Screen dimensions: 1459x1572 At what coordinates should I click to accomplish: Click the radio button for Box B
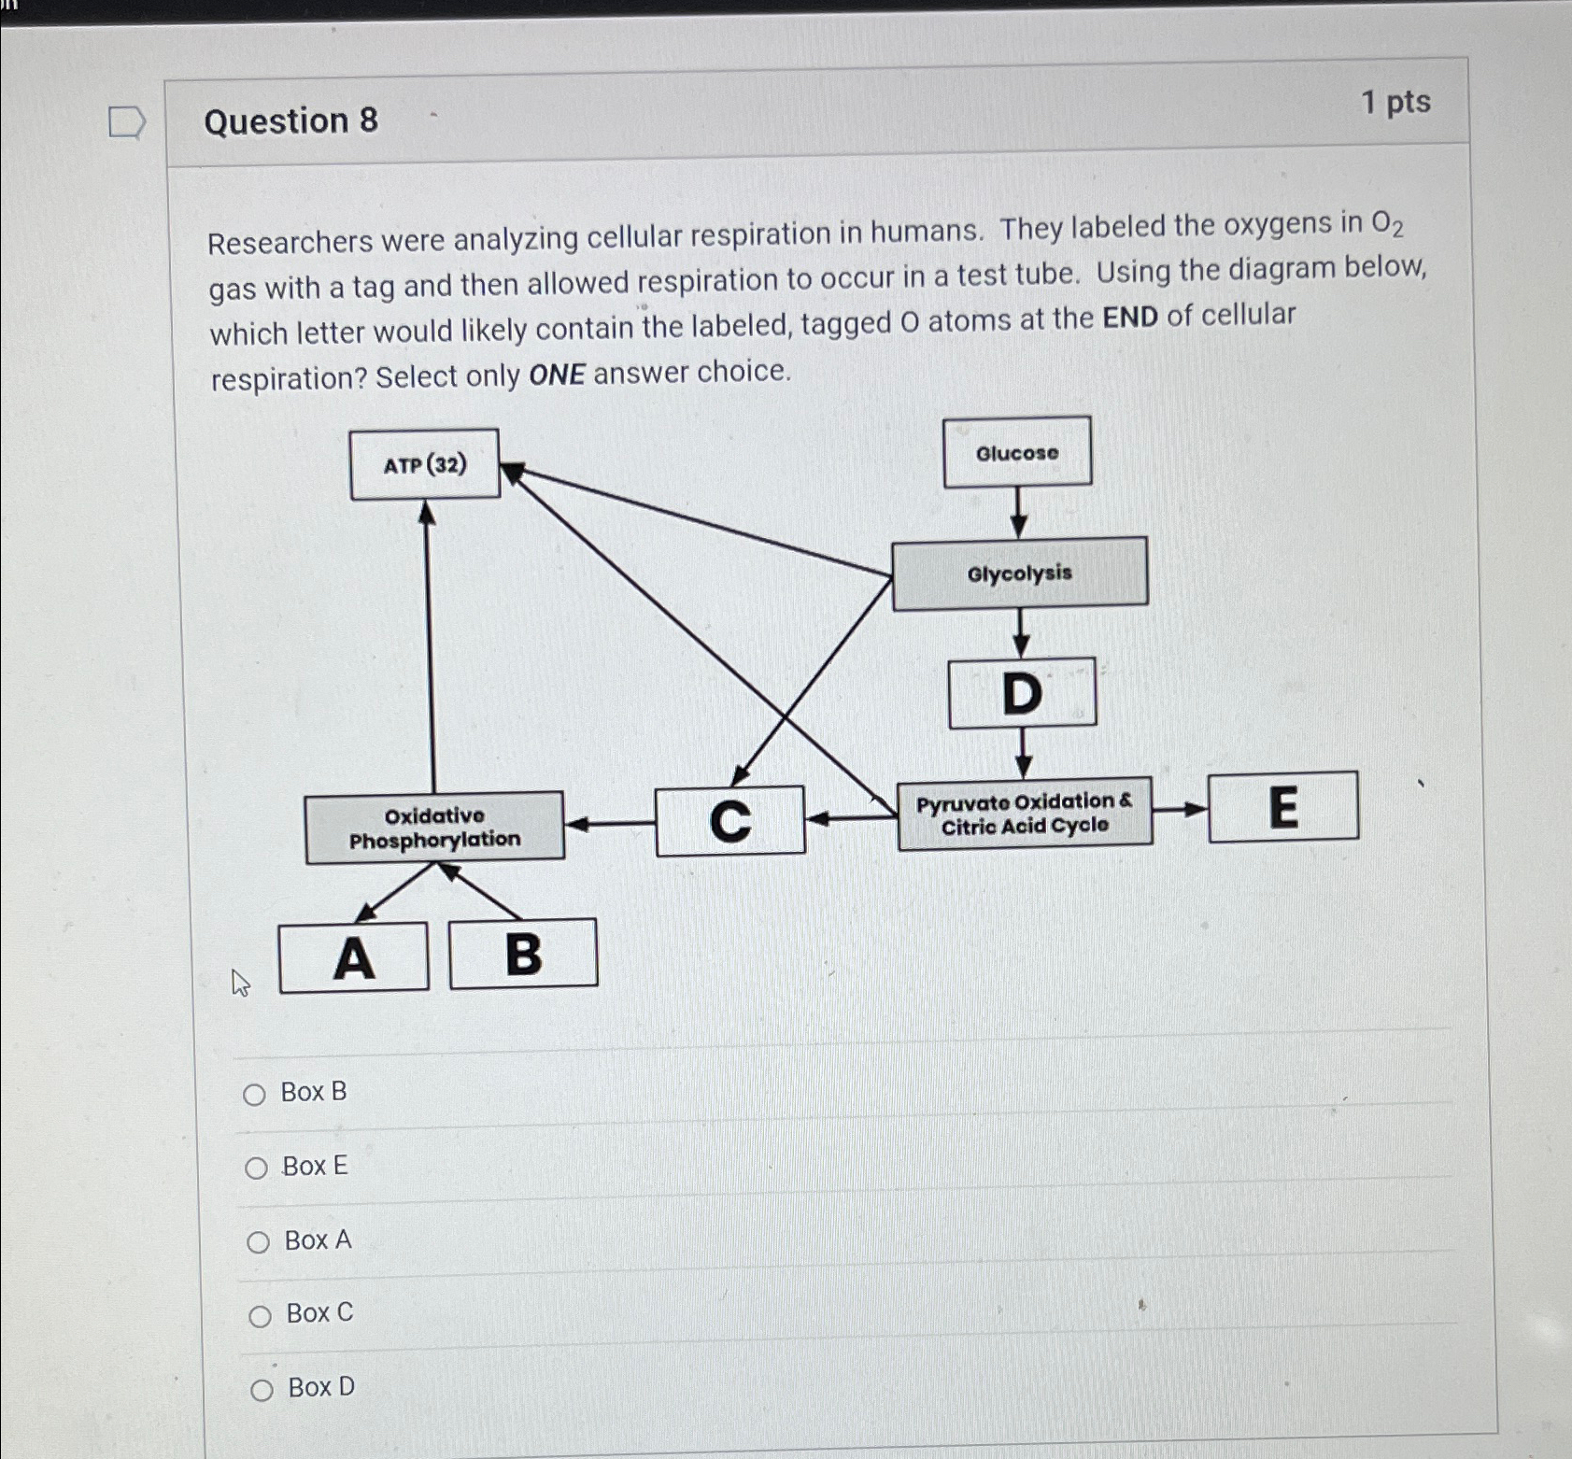pos(254,1095)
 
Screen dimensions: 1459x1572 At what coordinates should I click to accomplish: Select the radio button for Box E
pos(256,1169)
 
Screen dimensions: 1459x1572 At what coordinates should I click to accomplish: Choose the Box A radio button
pos(258,1242)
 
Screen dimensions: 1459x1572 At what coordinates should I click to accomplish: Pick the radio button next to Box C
pos(260,1316)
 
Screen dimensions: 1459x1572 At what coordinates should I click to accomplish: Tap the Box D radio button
pos(262,1390)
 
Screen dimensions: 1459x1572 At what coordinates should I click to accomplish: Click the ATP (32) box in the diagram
pos(424,464)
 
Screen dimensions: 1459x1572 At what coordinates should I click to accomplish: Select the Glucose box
pos(1017,453)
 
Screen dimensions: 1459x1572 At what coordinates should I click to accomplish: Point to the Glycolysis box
pos(1020,574)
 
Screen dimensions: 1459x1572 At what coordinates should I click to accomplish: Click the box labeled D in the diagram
pos(1022,693)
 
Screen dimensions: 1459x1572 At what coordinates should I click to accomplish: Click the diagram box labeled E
pos(1283,807)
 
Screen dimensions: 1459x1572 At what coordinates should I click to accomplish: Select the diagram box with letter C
pos(730,821)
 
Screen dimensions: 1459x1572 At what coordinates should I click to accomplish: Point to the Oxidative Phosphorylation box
pos(434,828)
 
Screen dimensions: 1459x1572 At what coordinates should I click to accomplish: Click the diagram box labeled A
pos(354,957)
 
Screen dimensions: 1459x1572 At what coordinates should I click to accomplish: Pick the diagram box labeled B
pos(523,954)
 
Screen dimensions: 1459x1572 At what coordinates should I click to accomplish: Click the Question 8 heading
pos(290,121)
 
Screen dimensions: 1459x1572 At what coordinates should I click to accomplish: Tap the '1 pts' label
pos(1395,102)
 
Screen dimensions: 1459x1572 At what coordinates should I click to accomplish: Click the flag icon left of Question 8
pos(126,122)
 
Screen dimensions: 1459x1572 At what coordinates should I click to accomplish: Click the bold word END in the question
pos(1130,318)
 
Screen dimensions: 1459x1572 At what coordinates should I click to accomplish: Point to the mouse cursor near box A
pos(240,983)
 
